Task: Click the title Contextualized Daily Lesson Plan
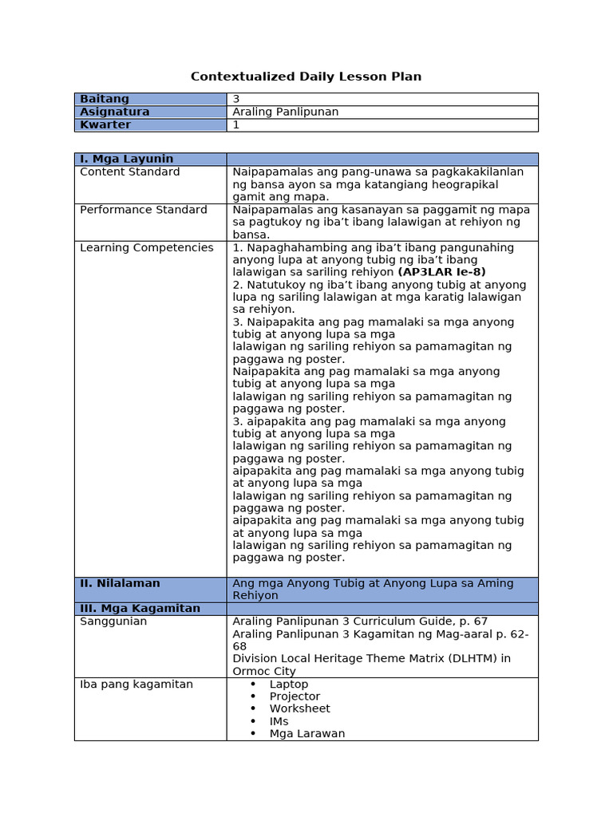(x=306, y=77)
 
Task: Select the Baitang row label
(x=105, y=99)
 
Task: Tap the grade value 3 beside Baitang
(x=236, y=99)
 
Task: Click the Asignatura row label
(x=115, y=112)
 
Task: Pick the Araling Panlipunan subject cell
(x=285, y=112)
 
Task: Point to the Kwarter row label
(x=105, y=125)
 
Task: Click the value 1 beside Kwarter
(x=236, y=125)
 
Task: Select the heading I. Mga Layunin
(x=126, y=159)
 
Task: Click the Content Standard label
(x=130, y=172)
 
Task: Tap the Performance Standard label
(x=144, y=210)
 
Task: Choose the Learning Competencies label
(x=147, y=247)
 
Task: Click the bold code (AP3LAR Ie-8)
(x=441, y=272)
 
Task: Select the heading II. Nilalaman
(x=120, y=583)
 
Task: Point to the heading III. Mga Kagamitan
(x=140, y=608)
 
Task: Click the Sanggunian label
(x=113, y=621)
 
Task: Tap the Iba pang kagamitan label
(x=136, y=684)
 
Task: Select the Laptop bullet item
(x=288, y=684)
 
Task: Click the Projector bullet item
(x=295, y=697)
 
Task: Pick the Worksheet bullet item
(x=299, y=708)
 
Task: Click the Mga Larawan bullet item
(x=306, y=733)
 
